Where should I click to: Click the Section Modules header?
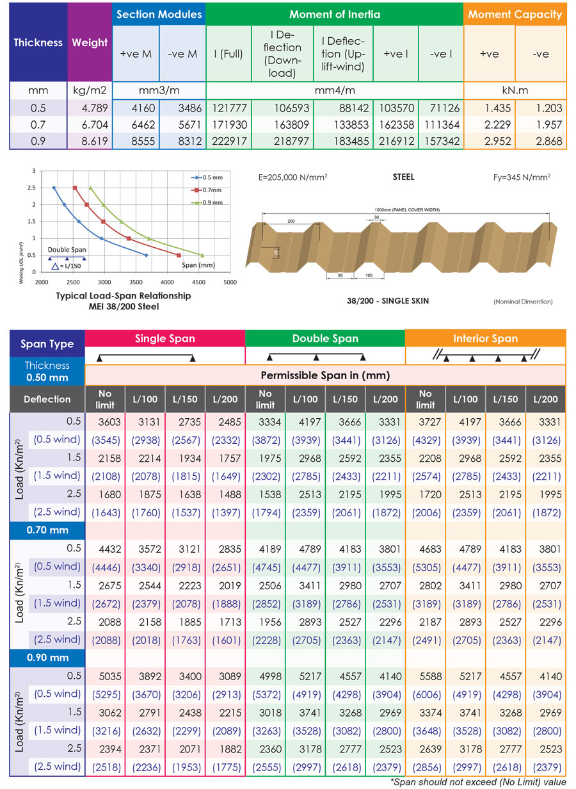(x=159, y=14)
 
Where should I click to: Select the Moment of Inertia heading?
(x=334, y=14)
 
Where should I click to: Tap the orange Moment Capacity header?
(x=515, y=14)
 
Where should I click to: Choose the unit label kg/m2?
(x=90, y=90)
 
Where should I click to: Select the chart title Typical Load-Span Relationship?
(x=114, y=296)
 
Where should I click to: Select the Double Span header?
(x=325, y=338)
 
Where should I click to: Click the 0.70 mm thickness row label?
(x=48, y=530)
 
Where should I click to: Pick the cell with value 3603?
(x=104, y=422)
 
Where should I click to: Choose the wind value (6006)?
(x=425, y=694)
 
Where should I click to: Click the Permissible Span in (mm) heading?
(x=325, y=375)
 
